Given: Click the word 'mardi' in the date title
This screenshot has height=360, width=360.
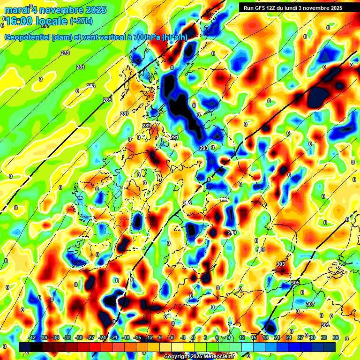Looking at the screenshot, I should click(16, 10).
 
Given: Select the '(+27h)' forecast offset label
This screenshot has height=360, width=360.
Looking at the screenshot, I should click(81, 21).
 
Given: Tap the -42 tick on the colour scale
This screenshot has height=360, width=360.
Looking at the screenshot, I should click(32, 337).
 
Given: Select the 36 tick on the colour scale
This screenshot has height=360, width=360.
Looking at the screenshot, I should click(336, 337).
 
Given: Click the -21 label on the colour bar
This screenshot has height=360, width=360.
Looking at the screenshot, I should click(114, 337).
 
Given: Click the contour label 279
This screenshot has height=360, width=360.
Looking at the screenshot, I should click(65, 53).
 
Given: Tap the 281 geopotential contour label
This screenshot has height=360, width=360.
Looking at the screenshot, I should click(81, 67).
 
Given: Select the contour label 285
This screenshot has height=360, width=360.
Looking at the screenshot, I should click(107, 100).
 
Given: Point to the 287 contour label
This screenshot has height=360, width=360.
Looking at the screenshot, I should click(125, 114).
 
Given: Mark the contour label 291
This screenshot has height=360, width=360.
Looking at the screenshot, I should click(174, 137).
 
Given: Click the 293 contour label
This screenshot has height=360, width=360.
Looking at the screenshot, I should click(204, 148).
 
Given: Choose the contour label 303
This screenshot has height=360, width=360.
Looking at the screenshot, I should click(281, 264).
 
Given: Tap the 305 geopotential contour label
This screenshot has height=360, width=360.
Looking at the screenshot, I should click(295, 283).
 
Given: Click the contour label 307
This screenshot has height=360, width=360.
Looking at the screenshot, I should click(310, 305).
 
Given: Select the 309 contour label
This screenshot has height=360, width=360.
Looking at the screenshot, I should click(325, 325).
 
